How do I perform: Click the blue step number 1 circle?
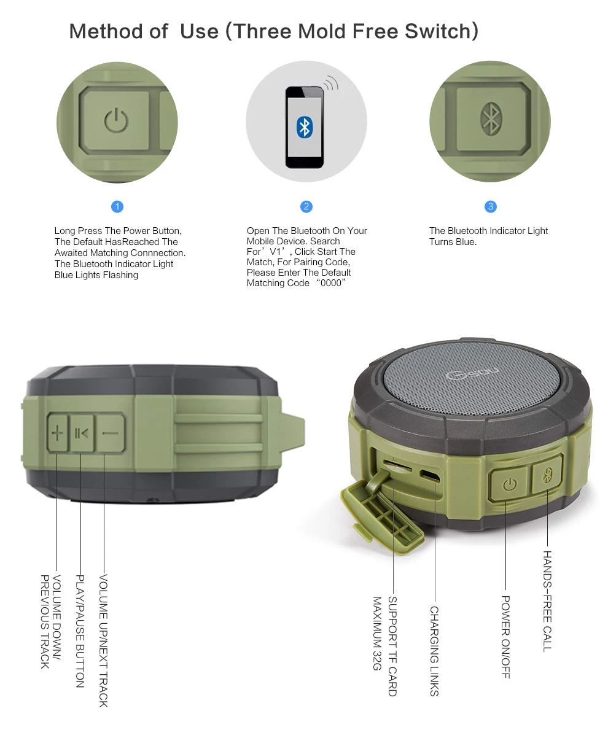click(x=118, y=206)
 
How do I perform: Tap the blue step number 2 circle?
click(x=306, y=206)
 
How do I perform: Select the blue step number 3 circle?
click(x=490, y=206)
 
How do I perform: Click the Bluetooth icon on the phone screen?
click(x=304, y=126)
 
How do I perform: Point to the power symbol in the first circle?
click(x=115, y=120)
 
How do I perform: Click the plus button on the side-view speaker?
click(x=57, y=433)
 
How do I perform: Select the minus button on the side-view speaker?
click(x=111, y=433)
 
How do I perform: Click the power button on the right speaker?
click(x=508, y=485)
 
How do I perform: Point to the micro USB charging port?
click(x=429, y=476)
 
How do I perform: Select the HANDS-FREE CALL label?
click(x=547, y=600)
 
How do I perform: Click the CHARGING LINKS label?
click(x=434, y=651)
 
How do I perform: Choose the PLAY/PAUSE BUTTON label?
click(x=80, y=631)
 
